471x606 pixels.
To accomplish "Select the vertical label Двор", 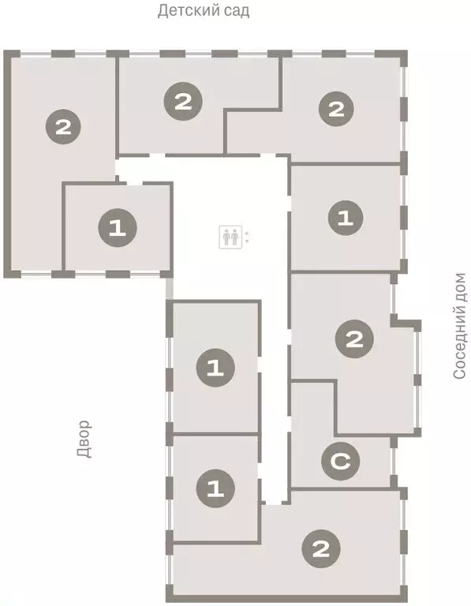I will pos(85,439).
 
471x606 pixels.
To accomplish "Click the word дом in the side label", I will pos(460,287).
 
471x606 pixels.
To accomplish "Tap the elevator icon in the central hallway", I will pos(230,236).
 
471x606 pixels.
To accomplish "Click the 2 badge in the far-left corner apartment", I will pos(64,125).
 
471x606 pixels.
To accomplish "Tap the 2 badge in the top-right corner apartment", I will pos(337,109).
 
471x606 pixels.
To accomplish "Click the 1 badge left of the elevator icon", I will pos(118,229).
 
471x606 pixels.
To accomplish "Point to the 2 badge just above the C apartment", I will pos(354,340).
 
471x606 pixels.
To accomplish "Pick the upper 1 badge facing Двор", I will pos(215,367).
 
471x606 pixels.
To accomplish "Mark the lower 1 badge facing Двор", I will pos(215,487).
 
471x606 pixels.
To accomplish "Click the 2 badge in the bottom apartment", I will pos(321,547).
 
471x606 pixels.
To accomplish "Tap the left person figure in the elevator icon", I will pos(226,236).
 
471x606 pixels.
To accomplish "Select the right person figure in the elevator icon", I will pos(234,236).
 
